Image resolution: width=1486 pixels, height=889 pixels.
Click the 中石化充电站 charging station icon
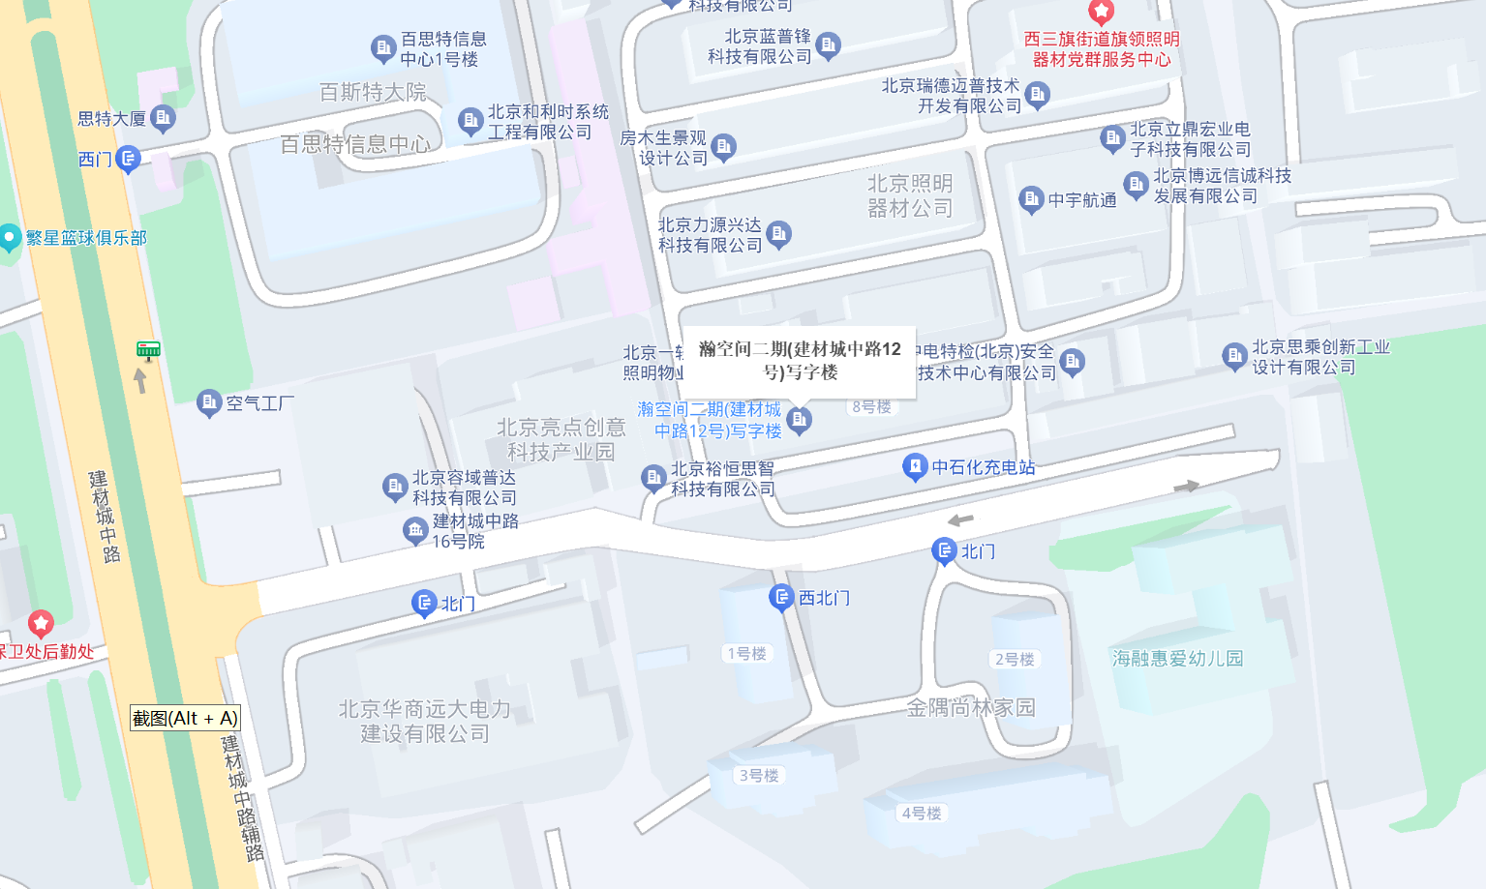[915, 467]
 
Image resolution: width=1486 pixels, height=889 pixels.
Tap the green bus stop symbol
[148, 349]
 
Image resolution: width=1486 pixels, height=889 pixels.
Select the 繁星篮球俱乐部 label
[86, 238]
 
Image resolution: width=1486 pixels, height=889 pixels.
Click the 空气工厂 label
[259, 403]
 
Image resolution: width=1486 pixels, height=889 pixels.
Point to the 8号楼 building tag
[871, 407]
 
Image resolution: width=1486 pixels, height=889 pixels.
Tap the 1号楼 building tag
[746, 654]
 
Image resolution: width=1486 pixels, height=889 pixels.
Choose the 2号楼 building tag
[1015, 660]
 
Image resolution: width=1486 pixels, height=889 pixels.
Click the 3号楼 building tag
[759, 776]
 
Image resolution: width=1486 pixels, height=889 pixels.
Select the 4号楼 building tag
[922, 814]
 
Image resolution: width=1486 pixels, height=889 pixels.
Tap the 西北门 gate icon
[781, 598]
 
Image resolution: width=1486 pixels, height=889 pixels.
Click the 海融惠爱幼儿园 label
[1177, 659]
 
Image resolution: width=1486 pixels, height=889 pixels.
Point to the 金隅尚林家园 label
[971, 708]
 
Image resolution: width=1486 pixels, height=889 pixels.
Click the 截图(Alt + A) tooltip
[185, 718]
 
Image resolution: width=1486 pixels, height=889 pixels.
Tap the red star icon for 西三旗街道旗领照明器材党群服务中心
[1101, 12]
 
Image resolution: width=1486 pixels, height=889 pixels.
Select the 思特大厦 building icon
[164, 118]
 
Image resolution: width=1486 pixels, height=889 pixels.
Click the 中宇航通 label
[1082, 200]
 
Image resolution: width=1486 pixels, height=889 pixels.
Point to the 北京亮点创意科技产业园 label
[561, 439]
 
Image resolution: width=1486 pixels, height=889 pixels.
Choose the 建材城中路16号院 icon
[415, 529]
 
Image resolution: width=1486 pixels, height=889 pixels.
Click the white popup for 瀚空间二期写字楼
[800, 361]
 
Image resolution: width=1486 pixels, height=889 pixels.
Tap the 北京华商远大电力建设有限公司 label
[425, 722]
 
